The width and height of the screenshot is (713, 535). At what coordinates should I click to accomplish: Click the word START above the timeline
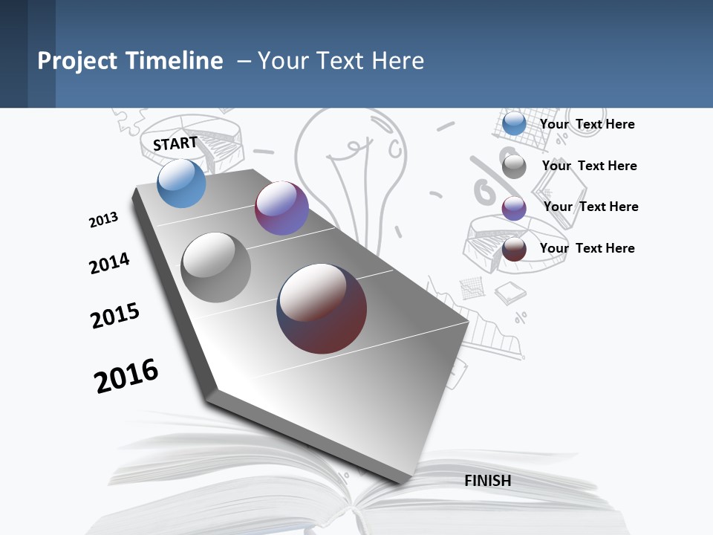175,143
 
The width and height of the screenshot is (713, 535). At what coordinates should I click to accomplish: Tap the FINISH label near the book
488,481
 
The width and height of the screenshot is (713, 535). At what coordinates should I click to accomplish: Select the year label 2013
103,220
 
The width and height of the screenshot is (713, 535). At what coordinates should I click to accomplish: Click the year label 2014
109,263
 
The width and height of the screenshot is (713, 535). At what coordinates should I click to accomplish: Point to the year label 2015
115,316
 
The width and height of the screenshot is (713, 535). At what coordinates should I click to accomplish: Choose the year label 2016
126,375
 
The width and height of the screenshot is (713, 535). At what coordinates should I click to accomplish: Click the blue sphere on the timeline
181,183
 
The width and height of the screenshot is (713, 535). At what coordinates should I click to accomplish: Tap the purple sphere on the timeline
281,208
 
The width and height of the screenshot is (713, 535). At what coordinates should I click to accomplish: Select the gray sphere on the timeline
216,267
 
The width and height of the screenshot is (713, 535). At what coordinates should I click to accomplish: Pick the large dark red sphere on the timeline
322,308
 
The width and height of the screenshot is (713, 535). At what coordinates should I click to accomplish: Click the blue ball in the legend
514,123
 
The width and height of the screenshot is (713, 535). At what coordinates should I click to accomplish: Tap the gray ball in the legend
514,166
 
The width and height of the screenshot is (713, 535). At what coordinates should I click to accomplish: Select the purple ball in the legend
514,207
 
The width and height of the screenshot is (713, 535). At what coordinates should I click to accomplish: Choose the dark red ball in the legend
514,249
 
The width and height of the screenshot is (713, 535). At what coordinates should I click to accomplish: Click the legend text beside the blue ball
587,124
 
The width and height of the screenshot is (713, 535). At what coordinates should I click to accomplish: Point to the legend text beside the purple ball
590,207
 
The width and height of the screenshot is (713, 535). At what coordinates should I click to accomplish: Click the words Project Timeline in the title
130,61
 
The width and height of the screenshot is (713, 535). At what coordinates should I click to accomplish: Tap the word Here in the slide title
397,61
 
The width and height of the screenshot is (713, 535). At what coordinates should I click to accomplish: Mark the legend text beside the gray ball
589,166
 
